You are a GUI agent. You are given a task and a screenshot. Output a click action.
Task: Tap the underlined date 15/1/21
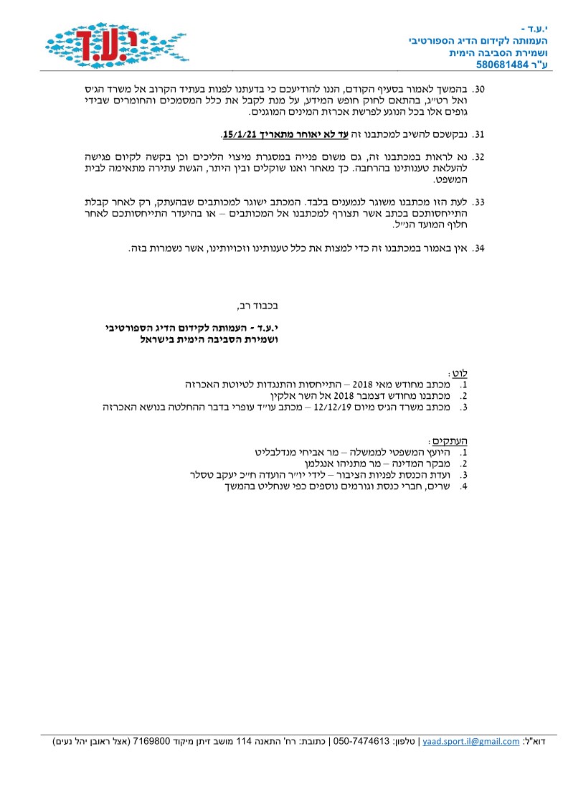pos(237,135)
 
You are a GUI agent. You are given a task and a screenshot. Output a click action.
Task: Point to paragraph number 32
pos(480,156)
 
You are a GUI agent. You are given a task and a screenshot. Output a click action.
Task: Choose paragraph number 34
pos(480,248)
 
